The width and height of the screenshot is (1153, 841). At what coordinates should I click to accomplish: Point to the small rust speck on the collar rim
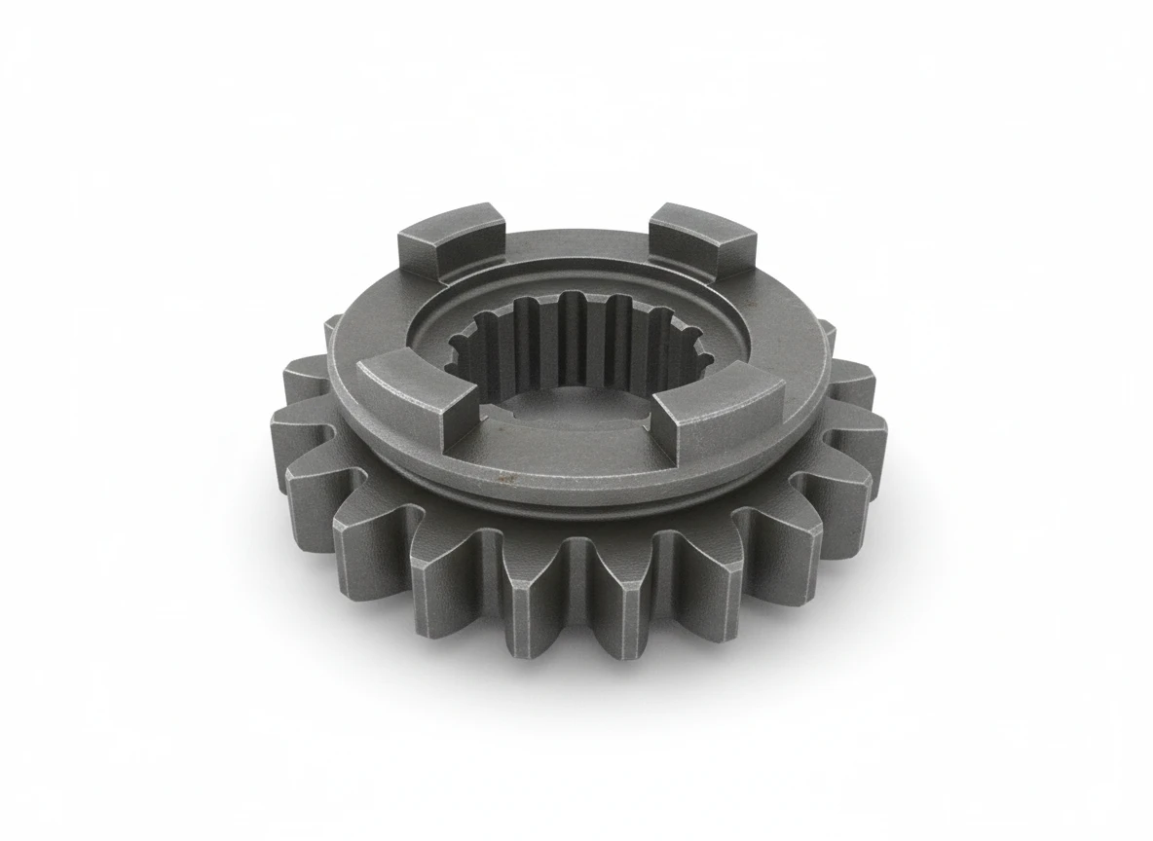click(x=503, y=476)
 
